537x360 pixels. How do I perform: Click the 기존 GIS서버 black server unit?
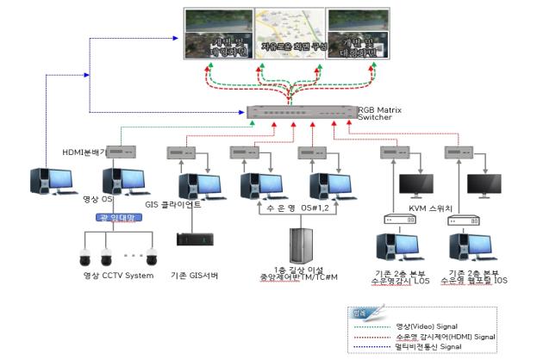[x=192, y=239]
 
